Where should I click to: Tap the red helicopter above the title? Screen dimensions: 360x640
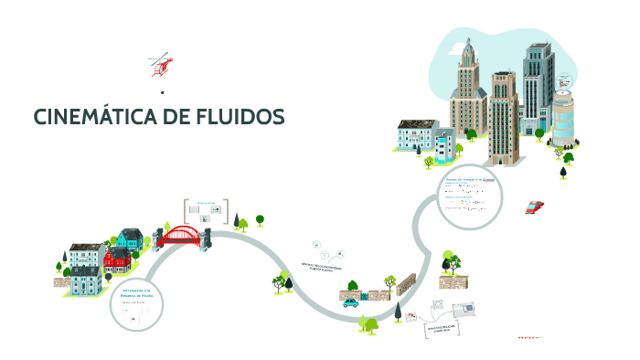tap(163, 64)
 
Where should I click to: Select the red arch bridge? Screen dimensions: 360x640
tap(182, 235)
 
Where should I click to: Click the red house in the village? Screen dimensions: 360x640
tap(115, 259)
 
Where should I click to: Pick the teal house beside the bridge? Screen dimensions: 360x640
tap(130, 240)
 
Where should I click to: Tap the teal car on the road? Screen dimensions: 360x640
tap(351, 302)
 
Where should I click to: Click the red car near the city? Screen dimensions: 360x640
tap(535, 206)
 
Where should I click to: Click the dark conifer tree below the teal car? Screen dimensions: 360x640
tap(397, 312)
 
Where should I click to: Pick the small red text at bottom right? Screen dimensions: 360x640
tap(529, 337)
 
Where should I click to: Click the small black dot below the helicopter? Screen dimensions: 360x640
tap(162, 92)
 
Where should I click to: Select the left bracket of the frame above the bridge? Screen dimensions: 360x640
tap(186, 209)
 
